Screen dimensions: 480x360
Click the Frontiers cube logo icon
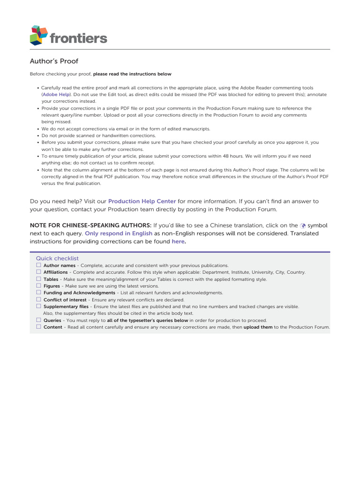point(39,36)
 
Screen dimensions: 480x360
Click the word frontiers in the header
point(78,38)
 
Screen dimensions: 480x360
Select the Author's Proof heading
point(54,61)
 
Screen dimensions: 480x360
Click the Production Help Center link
point(142,201)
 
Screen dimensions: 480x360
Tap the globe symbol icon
point(303,225)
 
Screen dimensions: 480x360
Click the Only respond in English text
point(119,233)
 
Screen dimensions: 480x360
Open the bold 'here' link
point(179,241)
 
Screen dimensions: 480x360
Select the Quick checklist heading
point(57,258)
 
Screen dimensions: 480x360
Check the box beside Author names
point(39,265)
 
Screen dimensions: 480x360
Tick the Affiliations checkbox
point(39,272)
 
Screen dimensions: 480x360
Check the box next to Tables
point(39,279)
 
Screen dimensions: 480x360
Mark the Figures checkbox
point(39,285)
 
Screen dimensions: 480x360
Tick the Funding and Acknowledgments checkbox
point(39,292)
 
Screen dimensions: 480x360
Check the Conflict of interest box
point(39,300)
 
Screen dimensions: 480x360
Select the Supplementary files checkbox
point(39,306)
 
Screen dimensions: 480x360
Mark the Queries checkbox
point(39,320)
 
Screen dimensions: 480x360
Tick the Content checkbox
point(39,327)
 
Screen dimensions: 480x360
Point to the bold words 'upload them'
point(258,327)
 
